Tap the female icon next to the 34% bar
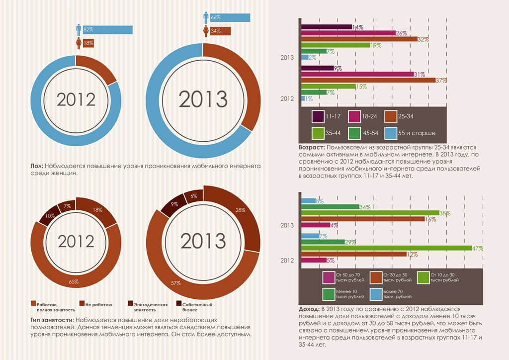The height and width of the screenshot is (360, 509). point(206,31)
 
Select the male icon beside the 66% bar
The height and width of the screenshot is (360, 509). point(206,17)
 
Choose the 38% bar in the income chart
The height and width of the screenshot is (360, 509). point(370,212)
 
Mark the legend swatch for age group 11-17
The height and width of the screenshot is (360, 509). point(318,116)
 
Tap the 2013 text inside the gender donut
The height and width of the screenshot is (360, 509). point(202,99)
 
